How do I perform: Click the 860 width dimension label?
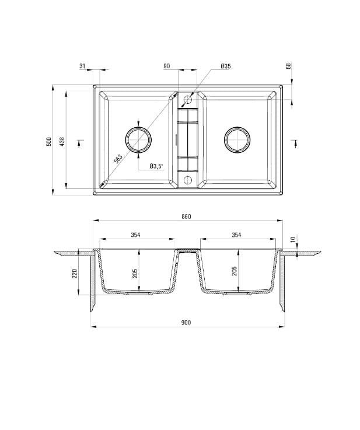[x=186, y=216]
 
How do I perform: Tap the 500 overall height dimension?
[x=50, y=141]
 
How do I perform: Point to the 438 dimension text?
[x=62, y=141]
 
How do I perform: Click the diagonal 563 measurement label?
[x=118, y=159]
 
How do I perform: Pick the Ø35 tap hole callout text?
[x=226, y=67]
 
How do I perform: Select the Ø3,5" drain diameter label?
[x=156, y=166]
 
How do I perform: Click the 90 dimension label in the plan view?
[x=167, y=67]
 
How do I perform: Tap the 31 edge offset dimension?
[x=82, y=67]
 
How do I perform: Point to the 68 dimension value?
[x=288, y=66]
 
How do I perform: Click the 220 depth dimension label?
[x=75, y=273]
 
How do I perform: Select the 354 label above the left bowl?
[x=135, y=235]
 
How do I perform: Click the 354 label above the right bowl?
[x=236, y=235]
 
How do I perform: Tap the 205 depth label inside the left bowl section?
[x=135, y=272]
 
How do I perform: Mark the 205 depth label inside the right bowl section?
[x=235, y=272]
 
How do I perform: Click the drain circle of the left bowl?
[x=139, y=139]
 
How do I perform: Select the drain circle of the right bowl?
[x=237, y=139]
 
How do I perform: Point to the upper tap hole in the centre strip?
[x=188, y=100]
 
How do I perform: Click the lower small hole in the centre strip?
[x=188, y=179]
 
